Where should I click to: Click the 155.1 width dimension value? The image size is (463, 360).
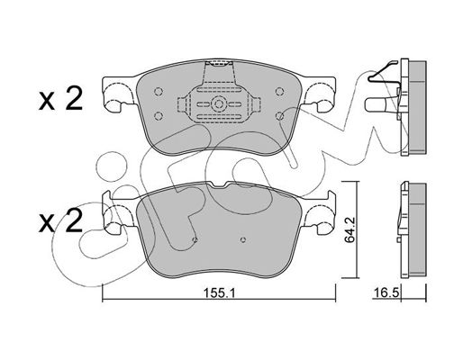(x=219, y=293)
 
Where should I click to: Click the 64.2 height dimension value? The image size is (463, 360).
(x=350, y=229)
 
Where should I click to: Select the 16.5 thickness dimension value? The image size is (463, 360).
(x=386, y=292)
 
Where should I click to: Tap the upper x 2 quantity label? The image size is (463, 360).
(x=60, y=98)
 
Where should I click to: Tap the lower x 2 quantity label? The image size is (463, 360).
(x=60, y=220)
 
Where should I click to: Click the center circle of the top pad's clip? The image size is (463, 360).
(x=218, y=103)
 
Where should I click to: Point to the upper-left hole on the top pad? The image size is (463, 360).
(x=159, y=92)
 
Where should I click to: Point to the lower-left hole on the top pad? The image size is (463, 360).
(x=159, y=115)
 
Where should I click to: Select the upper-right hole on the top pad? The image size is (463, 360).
(x=280, y=92)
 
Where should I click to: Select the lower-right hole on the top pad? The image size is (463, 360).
(x=280, y=115)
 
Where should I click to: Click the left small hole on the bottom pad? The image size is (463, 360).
(x=195, y=239)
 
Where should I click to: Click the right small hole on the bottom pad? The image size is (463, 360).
(x=243, y=239)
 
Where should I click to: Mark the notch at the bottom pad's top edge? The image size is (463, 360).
(x=219, y=185)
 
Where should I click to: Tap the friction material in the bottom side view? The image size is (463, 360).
(x=418, y=229)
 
